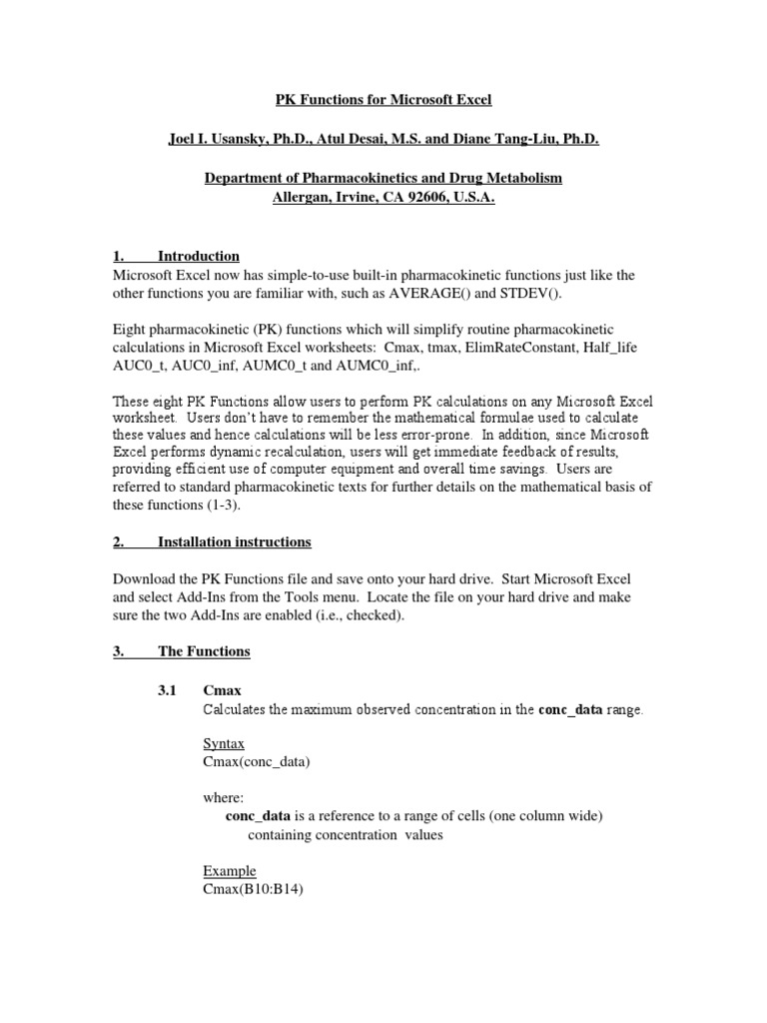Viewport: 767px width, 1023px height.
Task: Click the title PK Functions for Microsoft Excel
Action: click(383, 100)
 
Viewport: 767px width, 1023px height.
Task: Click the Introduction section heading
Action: click(198, 257)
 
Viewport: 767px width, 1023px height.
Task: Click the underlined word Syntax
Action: click(223, 744)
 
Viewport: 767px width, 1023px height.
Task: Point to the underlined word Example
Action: click(229, 870)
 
